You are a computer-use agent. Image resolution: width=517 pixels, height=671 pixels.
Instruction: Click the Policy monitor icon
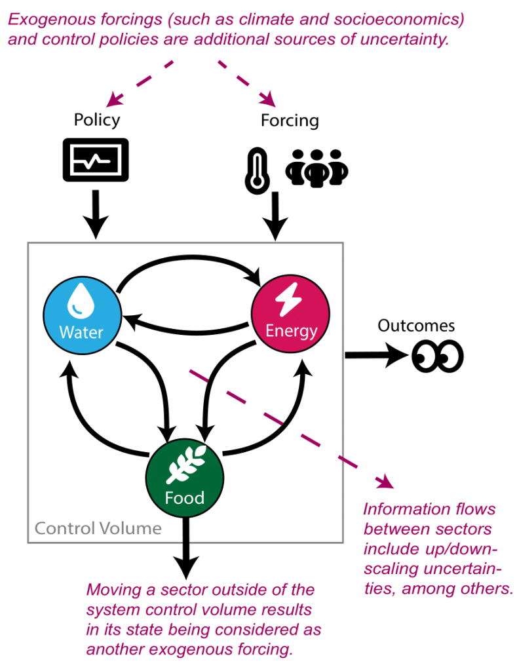click(x=95, y=159)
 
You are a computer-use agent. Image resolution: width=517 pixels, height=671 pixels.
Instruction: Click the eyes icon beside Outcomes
click(x=437, y=357)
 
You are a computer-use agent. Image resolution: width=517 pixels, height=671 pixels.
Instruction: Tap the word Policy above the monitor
click(x=97, y=120)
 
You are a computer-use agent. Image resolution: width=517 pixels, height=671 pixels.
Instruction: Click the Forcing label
click(x=290, y=121)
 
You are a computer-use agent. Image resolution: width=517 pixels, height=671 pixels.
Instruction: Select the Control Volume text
click(x=98, y=528)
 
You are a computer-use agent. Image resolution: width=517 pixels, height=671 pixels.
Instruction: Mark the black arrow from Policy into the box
click(x=96, y=214)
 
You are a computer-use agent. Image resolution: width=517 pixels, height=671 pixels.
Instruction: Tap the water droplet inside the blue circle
click(x=81, y=299)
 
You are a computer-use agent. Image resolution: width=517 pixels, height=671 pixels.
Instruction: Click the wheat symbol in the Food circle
click(x=185, y=466)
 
